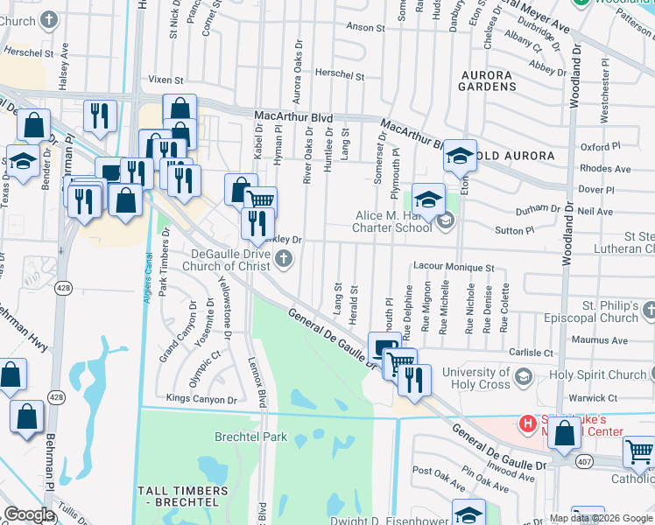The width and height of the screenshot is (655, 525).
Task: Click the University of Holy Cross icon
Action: [x=524, y=377]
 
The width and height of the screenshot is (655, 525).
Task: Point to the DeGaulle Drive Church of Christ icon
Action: [x=283, y=258]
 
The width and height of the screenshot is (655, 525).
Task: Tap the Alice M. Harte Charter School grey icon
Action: [x=446, y=220]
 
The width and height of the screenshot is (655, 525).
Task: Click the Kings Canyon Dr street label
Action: [x=201, y=399]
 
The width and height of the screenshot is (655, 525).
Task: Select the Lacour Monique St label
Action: [x=454, y=266]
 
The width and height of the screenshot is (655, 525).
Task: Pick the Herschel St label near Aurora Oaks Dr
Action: [x=340, y=76]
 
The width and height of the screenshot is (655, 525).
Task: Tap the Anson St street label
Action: [x=360, y=27]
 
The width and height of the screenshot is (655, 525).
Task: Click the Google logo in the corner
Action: [x=30, y=514]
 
